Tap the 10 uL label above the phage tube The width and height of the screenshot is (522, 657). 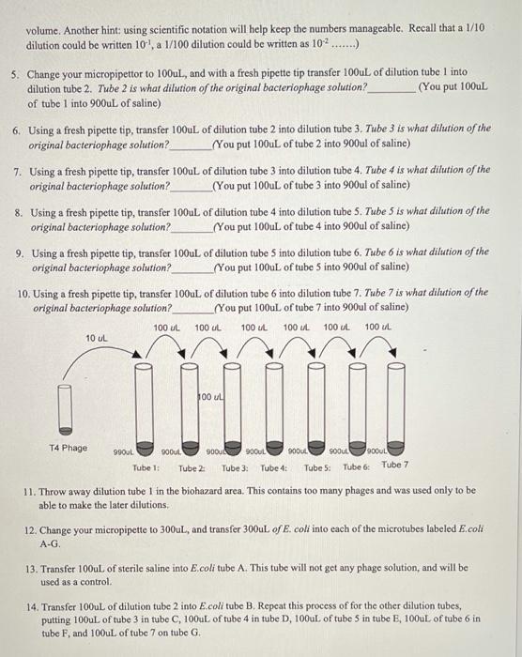96,337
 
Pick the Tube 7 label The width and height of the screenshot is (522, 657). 395,465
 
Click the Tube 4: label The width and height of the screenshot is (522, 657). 274,467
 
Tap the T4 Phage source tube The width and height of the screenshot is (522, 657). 66,405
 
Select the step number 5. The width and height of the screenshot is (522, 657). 15,72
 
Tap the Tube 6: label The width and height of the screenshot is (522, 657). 356,467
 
